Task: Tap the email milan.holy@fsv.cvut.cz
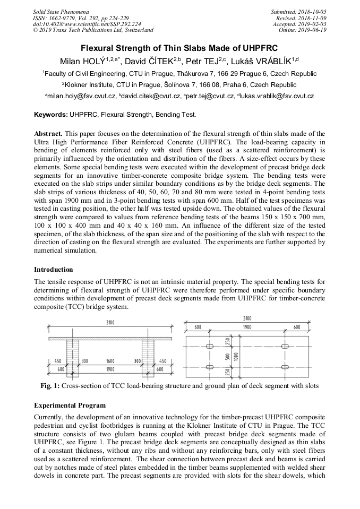(82, 96)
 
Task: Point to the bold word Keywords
(50, 114)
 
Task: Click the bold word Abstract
(48, 134)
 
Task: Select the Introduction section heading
(53, 270)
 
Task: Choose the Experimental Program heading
(70, 406)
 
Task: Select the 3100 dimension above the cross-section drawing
(109, 323)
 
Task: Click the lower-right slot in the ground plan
(285, 367)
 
